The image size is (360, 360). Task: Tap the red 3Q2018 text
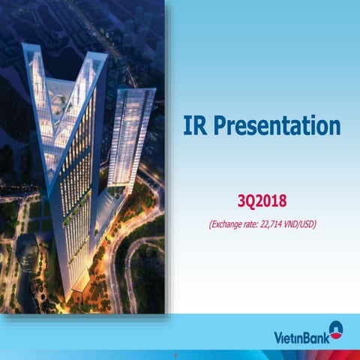(261, 200)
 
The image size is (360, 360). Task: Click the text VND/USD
(299, 223)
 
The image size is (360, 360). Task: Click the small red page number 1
(174, 354)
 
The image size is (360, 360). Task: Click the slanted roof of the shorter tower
(134, 92)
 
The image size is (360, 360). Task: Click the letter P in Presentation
(220, 126)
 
